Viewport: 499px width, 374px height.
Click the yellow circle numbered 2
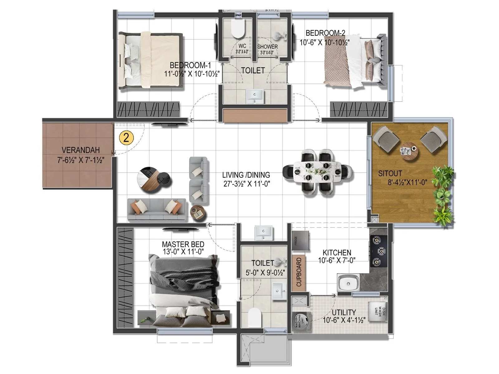(126, 137)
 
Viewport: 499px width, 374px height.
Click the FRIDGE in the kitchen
(301, 240)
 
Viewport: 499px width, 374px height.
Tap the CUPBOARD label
(299, 272)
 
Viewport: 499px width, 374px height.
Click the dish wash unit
(378, 311)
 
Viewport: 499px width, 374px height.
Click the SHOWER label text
(268, 47)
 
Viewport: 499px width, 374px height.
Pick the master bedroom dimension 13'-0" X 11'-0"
(183, 252)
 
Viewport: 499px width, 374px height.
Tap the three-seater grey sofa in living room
(157, 210)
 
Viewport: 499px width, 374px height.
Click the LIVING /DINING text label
(246, 175)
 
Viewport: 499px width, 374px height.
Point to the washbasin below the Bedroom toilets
(255, 96)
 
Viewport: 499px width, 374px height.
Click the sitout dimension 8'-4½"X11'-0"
(407, 182)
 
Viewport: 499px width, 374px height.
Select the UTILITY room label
(344, 312)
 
